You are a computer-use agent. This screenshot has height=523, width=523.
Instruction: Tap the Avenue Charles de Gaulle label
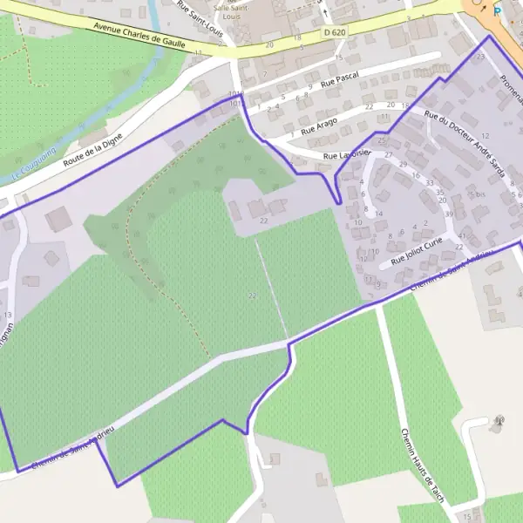[x=143, y=34]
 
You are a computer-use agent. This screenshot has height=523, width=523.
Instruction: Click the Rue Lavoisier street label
[x=348, y=155]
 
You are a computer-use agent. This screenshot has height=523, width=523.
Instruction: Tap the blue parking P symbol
[x=498, y=11]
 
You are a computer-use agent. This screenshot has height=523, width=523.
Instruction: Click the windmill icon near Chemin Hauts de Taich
[x=499, y=422]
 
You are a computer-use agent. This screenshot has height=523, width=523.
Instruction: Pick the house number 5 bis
[x=477, y=194]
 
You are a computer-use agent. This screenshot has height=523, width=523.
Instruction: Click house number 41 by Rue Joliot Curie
[x=460, y=236]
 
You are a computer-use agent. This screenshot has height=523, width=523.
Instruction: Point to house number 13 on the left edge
[x=8, y=314]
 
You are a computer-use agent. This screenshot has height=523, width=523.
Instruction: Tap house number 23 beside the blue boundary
[x=480, y=57]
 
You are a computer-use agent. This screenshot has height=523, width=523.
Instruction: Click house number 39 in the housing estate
[x=449, y=214]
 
